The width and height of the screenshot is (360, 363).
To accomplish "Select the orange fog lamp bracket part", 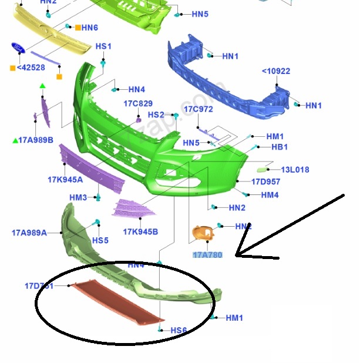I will [202, 233].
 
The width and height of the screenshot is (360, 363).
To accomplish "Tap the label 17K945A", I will [65, 180].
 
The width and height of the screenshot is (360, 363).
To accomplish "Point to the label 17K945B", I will [140, 232].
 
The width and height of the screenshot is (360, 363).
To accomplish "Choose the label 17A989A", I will [29, 233].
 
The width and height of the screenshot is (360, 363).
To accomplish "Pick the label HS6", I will [179, 331].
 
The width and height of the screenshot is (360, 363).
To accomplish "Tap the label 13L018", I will [295, 170].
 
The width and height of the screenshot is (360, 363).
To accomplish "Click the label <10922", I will [276, 72].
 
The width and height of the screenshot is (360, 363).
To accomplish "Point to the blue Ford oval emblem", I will [18, 48].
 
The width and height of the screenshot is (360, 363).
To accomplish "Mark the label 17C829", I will [138, 103].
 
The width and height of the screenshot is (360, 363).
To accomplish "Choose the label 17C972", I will [198, 109].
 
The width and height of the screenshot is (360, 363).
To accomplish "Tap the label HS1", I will [103, 46].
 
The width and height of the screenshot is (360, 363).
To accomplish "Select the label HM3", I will [78, 197].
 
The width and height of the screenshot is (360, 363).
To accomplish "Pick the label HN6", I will [89, 28].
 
